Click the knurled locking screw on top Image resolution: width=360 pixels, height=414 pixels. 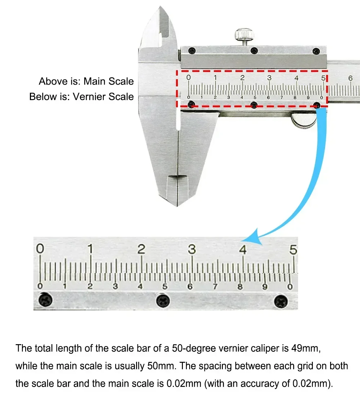point(244,35)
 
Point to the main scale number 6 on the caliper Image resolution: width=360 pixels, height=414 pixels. point(351,78)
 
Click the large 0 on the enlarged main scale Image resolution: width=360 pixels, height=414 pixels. point(40,249)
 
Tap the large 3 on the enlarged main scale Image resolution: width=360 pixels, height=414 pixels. point(192,249)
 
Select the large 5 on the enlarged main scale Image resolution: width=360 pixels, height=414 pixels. point(293,249)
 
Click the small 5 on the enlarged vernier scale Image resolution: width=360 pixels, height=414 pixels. point(165,287)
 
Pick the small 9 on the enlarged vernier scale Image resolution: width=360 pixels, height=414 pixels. point(265,287)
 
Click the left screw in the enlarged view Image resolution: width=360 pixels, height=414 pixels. point(45,300)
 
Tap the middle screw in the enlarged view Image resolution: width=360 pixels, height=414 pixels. point(163,301)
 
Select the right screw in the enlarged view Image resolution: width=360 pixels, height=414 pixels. point(281,301)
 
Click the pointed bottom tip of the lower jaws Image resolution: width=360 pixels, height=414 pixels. point(177,206)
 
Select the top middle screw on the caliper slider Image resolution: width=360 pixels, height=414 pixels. point(254,50)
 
